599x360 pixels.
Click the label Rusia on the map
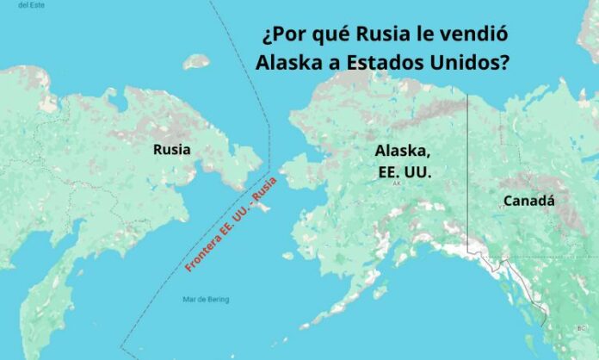tap(172, 150)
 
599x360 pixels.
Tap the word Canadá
tap(528, 202)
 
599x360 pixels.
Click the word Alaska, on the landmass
tap(403, 150)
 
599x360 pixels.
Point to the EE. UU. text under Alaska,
tap(405, 171)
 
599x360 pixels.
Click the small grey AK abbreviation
tap(397, 184)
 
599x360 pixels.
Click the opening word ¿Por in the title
tap(281, 35)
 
